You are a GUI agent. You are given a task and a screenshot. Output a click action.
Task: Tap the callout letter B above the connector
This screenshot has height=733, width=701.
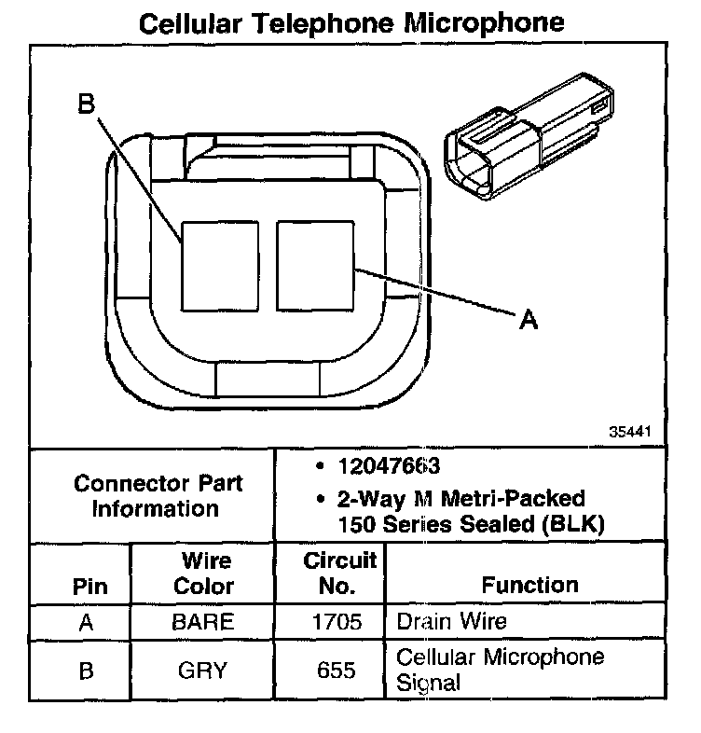(x=87, y=105)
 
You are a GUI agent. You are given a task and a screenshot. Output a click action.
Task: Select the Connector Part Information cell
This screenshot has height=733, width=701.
(x=158, y=496)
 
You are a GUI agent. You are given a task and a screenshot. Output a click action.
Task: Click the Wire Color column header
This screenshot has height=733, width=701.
(x=203, y=574)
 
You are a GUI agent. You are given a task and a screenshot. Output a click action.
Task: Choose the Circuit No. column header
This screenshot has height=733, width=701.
(x=339, y=574)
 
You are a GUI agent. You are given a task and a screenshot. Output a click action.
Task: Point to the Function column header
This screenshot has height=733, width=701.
(x=529, y=585)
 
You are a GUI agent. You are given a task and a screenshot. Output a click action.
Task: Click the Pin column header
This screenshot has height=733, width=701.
(x=89, y=587)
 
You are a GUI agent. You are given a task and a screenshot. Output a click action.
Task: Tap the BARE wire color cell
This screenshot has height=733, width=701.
(x=203, y=622)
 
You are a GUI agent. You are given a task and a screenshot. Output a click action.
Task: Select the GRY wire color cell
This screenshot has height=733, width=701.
(x=203, y=670)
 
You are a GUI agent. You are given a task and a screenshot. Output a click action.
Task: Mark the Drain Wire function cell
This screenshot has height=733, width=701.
(x=452, y=621)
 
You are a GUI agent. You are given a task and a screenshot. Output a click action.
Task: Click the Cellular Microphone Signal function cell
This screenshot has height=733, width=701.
(x=500, y=670)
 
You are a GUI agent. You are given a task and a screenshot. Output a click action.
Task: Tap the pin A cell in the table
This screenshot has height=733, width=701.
(x=87, y=622)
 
